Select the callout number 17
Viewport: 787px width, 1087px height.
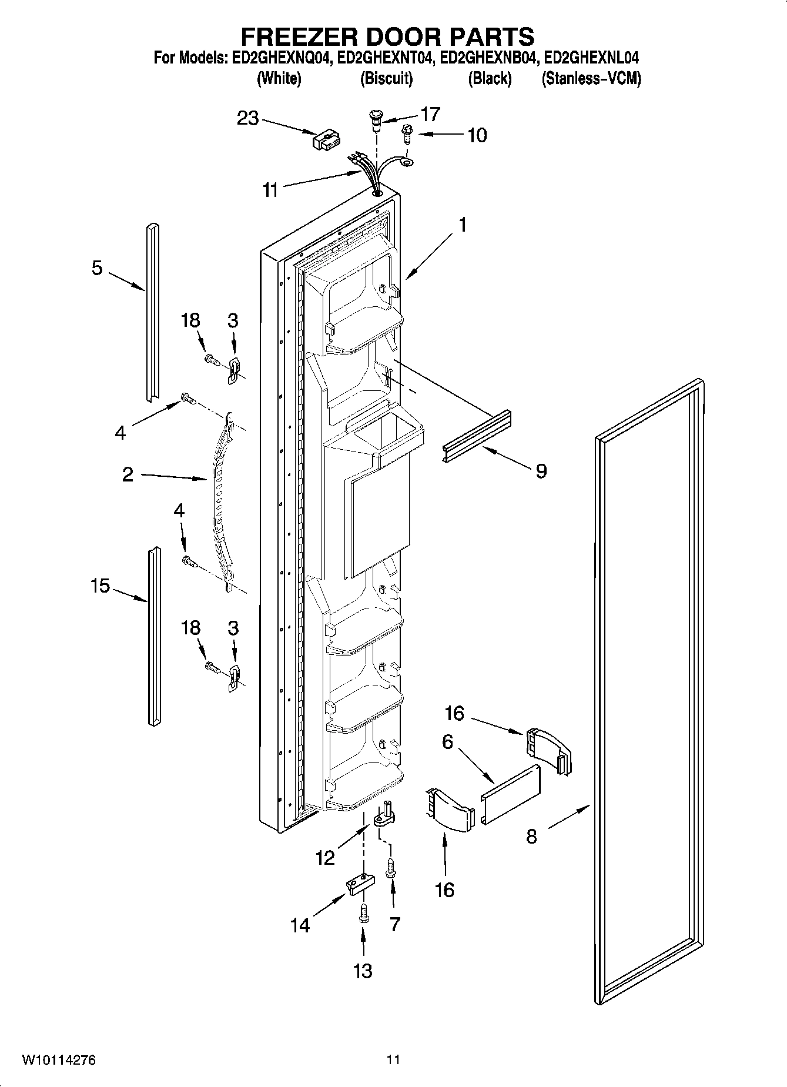pos(429,114)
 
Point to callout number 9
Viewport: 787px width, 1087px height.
pos(541,470)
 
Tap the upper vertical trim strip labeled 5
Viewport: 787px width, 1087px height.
pos(152,312)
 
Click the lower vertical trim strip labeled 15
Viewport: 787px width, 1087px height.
pos(153,635)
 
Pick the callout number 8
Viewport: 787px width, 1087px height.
pos(531,836)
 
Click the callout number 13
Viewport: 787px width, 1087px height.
pos(363,970)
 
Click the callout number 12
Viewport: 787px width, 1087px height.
pos(325,858)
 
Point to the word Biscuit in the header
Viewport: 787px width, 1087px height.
pos(386,79)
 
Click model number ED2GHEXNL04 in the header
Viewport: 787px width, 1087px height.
pos(591,58)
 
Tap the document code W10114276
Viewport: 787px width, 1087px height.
pos(59,1060)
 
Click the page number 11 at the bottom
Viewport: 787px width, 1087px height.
pos(393,1060)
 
